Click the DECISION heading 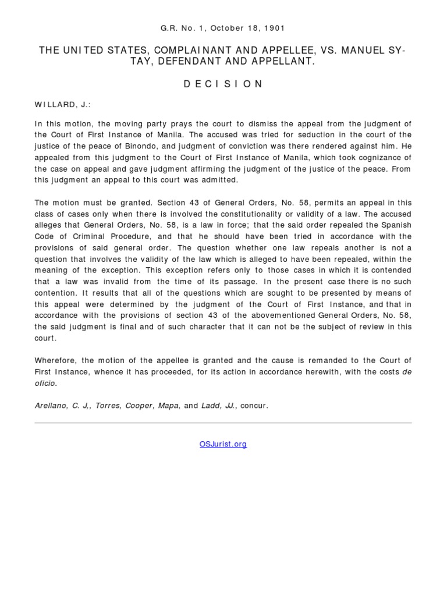coord(223,84)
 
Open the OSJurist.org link coord(223,444)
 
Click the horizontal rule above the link coord(223,423)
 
